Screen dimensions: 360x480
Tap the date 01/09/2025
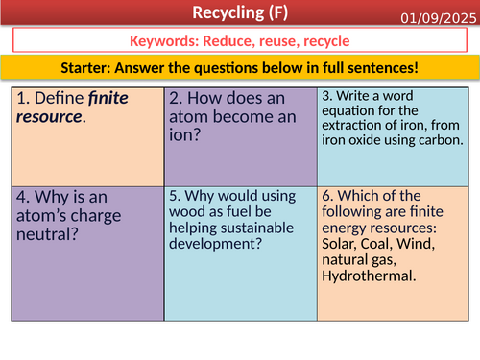(437, 16)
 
